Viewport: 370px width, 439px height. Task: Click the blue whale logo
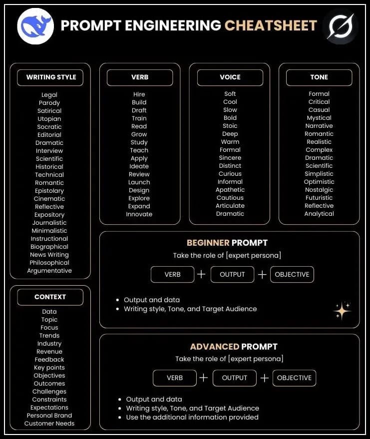pyautogui.click(x=35, y=26)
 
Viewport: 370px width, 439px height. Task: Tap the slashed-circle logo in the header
pyautogui.click(x=340, y=26)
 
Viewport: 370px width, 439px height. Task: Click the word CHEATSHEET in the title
pyautogui.click(x=271, y=25)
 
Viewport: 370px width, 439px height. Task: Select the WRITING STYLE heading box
pyautogui.click(x=51, y=77)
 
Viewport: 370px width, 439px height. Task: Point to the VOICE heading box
pyautogui.click(x=230, y=77)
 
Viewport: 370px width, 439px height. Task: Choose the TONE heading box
pyautogui.click(x=319, y=77)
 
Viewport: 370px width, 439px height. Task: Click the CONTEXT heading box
pyautogui.click(x=50, y=297)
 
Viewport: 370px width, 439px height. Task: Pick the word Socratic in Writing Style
pyautogui.click(x=49, y=127)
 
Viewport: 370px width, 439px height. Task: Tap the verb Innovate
pyautogui.click(x=139, y=214)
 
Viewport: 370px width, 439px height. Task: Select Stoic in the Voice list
pyautogui.click(x=230, y=126)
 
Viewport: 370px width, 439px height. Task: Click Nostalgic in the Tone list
pyautogui.click(x=319, y=190)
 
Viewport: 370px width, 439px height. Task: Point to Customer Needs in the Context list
pyautogui.click(x=49, y=424)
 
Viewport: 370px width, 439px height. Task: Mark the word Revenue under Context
pyautogui.click(x=49, y=352)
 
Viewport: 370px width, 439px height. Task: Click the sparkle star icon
pyautogui.click(x=342, y=311)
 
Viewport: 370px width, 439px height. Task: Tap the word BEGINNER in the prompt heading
pyautogui.click(x=208, y=243)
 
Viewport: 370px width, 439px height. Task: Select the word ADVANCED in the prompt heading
pyautogui.click(x=214, y=347)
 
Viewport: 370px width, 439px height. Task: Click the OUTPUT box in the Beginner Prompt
pyautogui.click(x=232, y=274)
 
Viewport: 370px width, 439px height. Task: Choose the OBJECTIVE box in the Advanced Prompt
pyautogui.click(x=294, y=378)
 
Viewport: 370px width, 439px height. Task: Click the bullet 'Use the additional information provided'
pyautogui.click(x=192, y=417)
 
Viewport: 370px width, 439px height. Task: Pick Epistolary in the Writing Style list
pyautogui.click(x=49, y=191)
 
